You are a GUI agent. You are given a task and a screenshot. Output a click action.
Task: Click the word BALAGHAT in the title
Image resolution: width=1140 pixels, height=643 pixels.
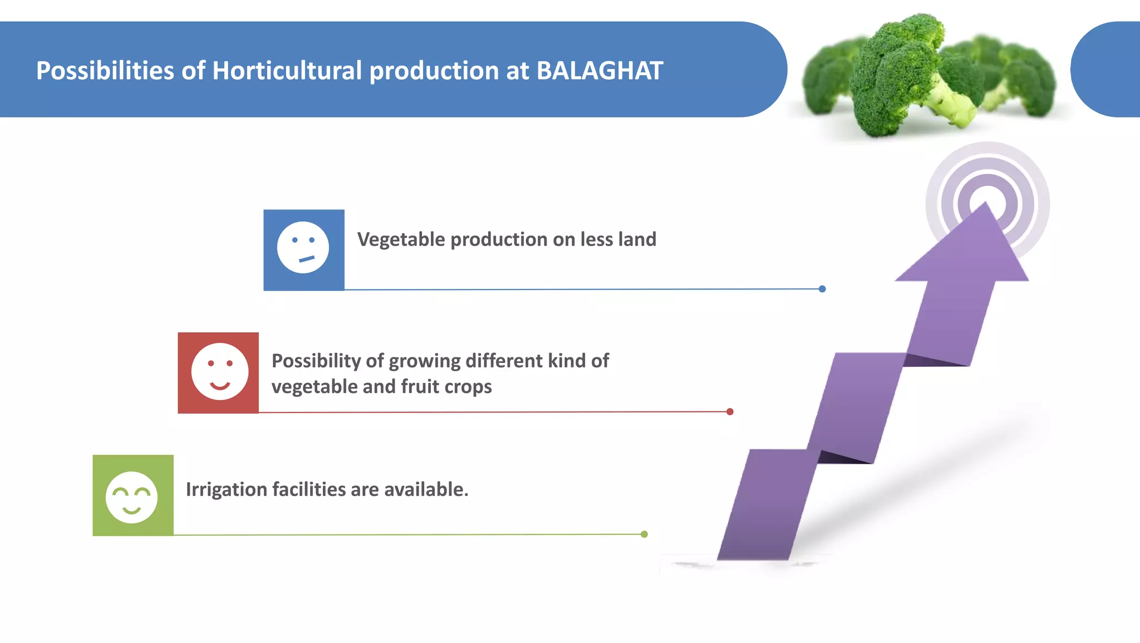coord(600,71)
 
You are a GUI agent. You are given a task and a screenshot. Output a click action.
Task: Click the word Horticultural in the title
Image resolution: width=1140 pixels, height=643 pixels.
coord(287,71)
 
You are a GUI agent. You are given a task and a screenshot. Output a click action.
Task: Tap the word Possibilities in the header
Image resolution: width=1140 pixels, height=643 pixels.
coord(105,71)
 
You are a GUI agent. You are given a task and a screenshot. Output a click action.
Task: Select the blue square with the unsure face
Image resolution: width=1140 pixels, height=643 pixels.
coord(304,250)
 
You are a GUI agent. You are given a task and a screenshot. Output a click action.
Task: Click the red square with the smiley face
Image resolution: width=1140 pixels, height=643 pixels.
coord(218,372)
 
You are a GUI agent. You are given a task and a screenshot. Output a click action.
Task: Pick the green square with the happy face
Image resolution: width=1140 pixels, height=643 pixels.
coord(133,495)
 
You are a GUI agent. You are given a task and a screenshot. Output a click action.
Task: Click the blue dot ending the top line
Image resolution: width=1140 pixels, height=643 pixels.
coord(822,289)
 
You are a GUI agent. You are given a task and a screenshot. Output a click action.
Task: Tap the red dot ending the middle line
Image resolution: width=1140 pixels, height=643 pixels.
coord(730,411)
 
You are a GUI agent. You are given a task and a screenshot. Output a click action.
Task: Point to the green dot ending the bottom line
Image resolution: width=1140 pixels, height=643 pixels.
coord(644,534)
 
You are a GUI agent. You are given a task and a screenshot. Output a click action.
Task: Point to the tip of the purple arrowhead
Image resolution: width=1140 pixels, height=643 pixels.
coord(986,205)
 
